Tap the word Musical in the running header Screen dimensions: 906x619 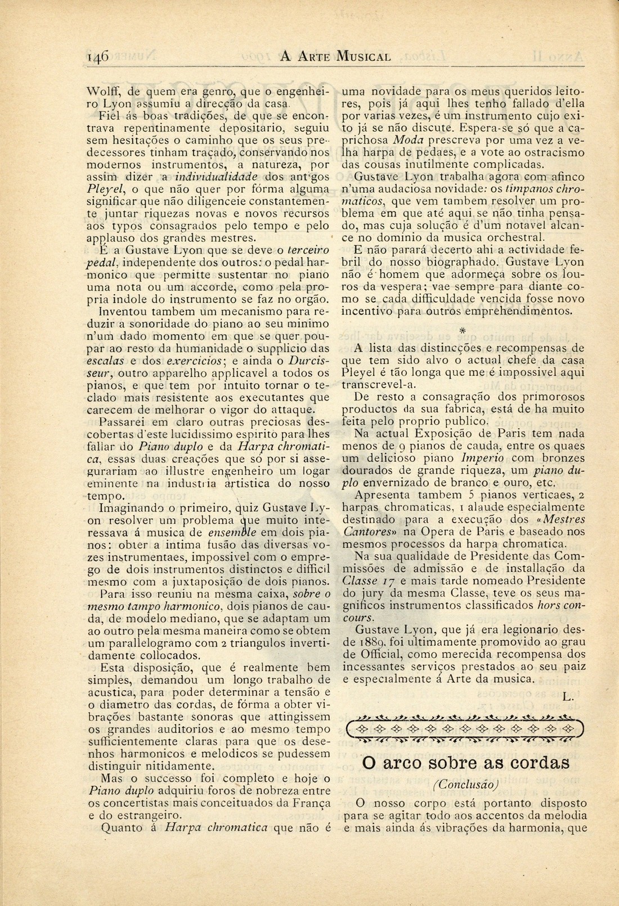coord(363,56)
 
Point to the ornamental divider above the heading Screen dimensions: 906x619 coord(465,729)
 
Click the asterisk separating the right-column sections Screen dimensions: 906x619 coord(463,330)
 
